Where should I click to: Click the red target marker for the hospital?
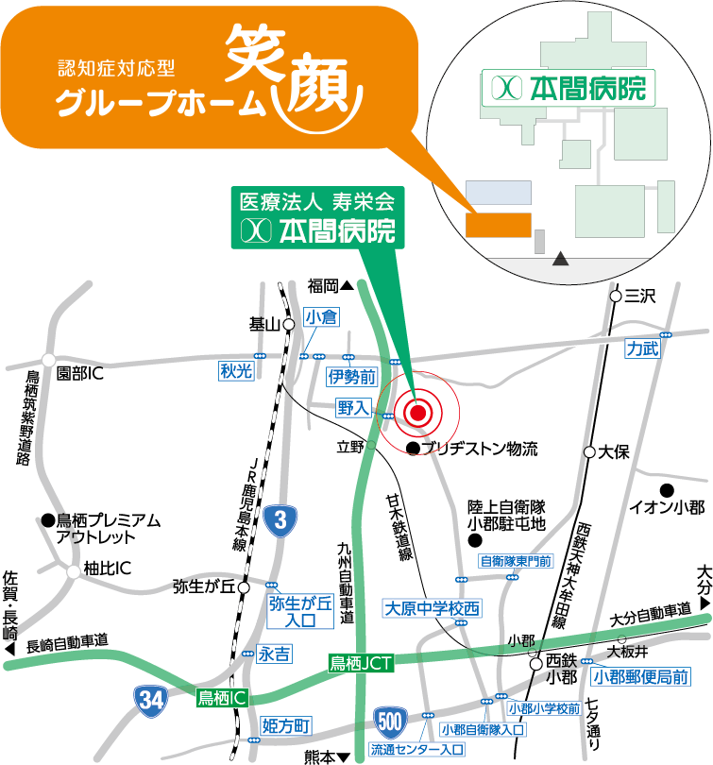[418, 411]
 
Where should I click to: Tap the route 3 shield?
[282, 519]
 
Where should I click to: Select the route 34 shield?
[149, 699]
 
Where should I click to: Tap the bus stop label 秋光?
[236, 371]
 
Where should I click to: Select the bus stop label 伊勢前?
[351, 377]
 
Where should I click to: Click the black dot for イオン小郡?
[667, 489]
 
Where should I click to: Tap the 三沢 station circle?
[616, 296]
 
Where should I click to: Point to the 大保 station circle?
[590, 452]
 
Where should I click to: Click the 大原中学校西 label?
[432, 609]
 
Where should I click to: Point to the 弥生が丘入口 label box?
[300, 610]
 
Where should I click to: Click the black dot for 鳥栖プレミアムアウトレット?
[46, 520]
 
